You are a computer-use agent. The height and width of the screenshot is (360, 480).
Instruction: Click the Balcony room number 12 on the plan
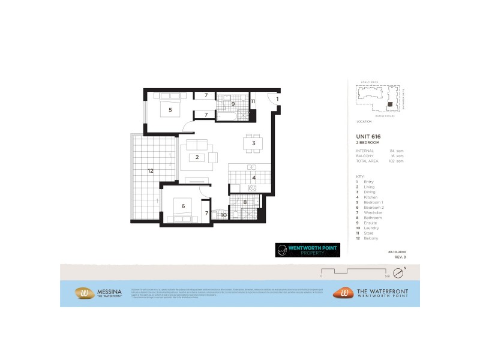click(x=151, y=171)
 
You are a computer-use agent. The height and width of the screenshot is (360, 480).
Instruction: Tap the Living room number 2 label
click(x=197, y=158)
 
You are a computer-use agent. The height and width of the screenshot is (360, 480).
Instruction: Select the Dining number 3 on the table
click(x=254, y=143)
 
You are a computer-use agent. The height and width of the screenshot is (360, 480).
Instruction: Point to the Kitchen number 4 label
click(x=254, y=178)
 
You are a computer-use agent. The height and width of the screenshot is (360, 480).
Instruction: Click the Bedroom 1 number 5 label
click(x=170, y=110)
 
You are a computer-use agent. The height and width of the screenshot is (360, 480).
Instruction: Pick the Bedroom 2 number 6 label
click(x=183, y=207)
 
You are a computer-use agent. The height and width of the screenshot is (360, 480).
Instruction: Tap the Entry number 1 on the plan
click(x=278, y=98)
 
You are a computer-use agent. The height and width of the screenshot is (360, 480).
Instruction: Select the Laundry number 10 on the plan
click(x=223, y=214)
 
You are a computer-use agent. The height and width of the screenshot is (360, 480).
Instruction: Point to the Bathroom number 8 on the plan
click(x=244, y=203)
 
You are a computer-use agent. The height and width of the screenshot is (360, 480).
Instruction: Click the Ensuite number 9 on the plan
click(x=233, y=103)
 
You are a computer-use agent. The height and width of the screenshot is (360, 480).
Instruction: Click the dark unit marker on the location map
click(x=390, y=104)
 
